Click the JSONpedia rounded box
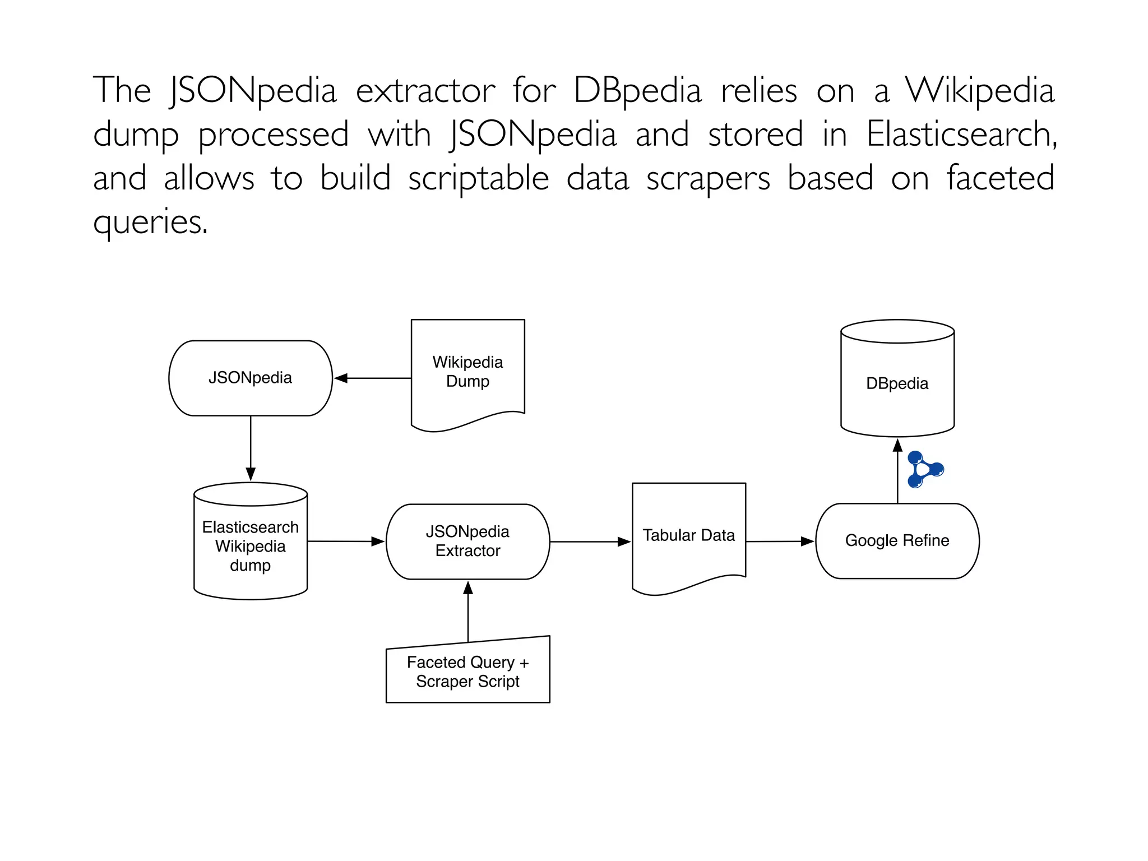tap(250, 378)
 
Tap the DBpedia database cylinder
tap(897, 383)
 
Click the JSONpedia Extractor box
tap(467, 541)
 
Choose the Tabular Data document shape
tap(688, 535)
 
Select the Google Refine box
tap(897, 541)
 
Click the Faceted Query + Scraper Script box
tap(467, 672)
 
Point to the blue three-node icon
tap(924, 469)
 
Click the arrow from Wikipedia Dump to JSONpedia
tap(373, 378)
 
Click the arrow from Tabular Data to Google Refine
tap(780, 541)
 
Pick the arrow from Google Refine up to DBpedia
tap(897, 471)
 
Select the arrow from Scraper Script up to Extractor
tap(468, 611)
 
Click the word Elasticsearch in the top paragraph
tap(961, 134)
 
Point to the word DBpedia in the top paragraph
tap(637, 90)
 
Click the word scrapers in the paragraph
tap(708, 179)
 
